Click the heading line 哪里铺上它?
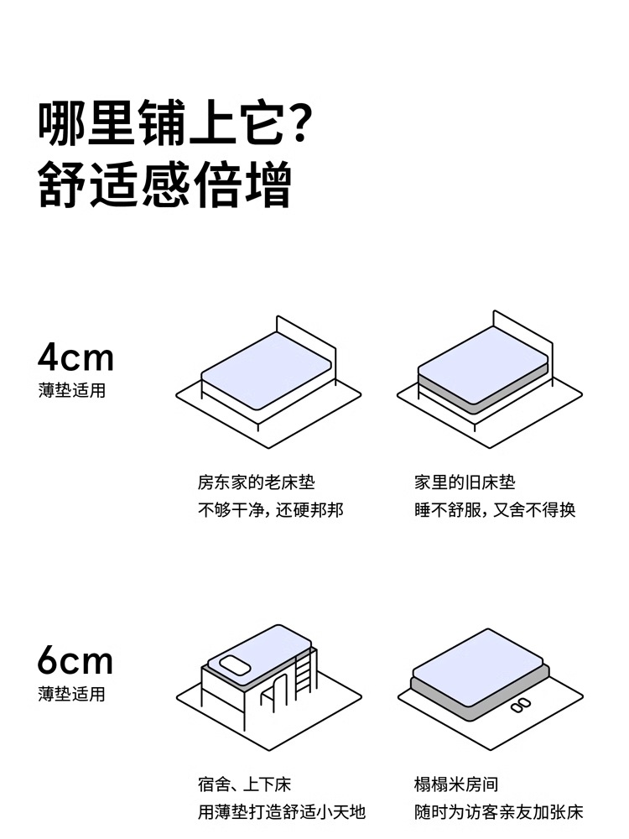pos(176,124)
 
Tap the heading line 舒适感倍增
pos(164,186)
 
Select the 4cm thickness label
pos(75,357)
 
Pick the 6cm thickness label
pos(75,661)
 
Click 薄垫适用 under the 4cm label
pos(72,391)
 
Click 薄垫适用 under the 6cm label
pos(72,695)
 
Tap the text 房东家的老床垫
pos(256,482)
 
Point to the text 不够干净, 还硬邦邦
pos(270,510)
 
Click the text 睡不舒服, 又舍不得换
pos(495,510)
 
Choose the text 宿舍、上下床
pos(244,785)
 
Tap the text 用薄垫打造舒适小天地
pos(281,812)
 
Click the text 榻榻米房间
pos(455,785)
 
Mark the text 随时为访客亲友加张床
pos(498,812)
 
